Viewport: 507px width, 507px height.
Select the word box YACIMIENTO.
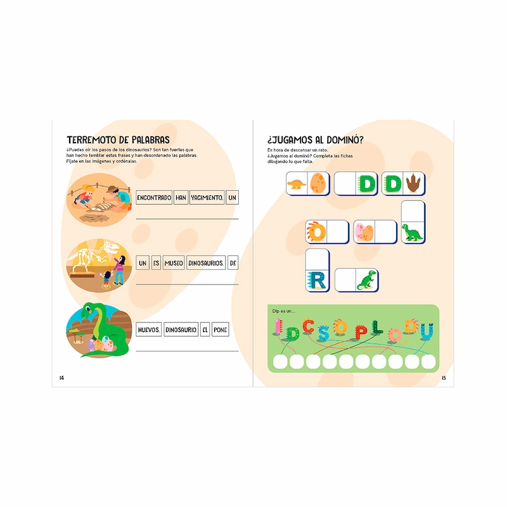coord(207,198)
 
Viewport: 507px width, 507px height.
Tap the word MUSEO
coord(173,264)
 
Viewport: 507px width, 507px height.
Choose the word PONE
coord(220,330)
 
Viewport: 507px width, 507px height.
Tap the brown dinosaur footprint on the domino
coord(414,183)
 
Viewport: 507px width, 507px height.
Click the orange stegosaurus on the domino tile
coord(297,184)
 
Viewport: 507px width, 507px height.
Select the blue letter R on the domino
coord(317,279)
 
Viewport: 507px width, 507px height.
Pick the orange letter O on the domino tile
coord(316,232)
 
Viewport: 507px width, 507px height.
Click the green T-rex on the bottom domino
coord(366,279)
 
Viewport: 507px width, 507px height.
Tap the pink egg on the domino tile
coord(364,232)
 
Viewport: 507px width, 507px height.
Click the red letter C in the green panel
coord(309,326)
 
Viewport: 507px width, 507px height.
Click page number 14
coord(61,378)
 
